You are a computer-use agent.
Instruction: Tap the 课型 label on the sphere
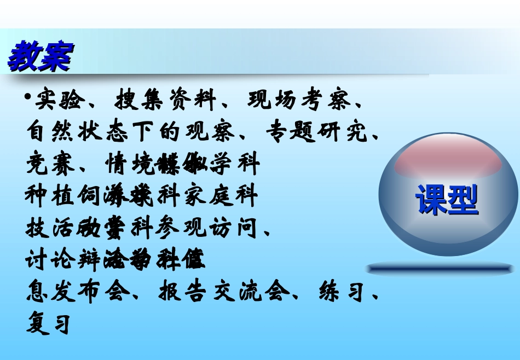click(x=447, y=200)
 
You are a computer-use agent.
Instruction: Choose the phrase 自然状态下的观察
click(x=131, y=132)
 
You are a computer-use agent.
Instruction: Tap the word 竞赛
click(x=50, y=164)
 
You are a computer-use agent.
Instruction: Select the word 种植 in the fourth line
click(x=50, y=195)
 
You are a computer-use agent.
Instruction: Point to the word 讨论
click(x=50, y=259)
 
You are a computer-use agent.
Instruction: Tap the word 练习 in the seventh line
click(x=341, y=292)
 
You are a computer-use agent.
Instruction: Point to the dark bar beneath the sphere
click(x=441, y=268)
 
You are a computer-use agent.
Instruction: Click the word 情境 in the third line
click(x=129, y=164)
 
